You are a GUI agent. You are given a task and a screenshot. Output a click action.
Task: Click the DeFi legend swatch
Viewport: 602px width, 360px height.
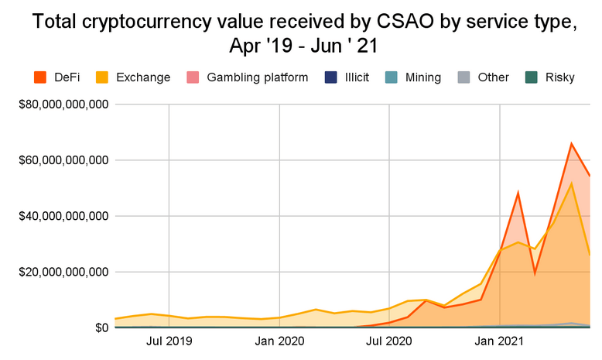pyautogui.click(x=41, y=77)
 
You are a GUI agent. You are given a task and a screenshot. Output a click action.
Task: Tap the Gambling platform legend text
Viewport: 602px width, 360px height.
pyautogui.click(x=258, y=77)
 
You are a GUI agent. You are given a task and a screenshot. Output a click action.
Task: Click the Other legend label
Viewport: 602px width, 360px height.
pyautogui.click(x=494, y=77)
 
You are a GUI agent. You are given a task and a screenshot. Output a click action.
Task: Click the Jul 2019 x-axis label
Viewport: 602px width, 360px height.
pyautogui.click(x=169, y=341)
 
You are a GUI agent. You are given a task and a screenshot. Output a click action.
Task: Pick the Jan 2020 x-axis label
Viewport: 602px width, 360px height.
pyautogui.click(x=279, y=341)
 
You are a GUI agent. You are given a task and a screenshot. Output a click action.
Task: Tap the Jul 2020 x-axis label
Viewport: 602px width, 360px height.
pyautogui.click(x=389, y=341)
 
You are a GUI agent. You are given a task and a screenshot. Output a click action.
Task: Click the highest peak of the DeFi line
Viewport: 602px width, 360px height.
pyautogui.click(x=571, y=143)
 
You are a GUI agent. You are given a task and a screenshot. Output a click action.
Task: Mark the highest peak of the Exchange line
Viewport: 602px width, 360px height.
pyautogui.click(x=571, y=183)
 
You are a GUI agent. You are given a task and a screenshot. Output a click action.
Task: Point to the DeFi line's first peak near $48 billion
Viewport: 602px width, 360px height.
pyautogui.click(x=518, y=193)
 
